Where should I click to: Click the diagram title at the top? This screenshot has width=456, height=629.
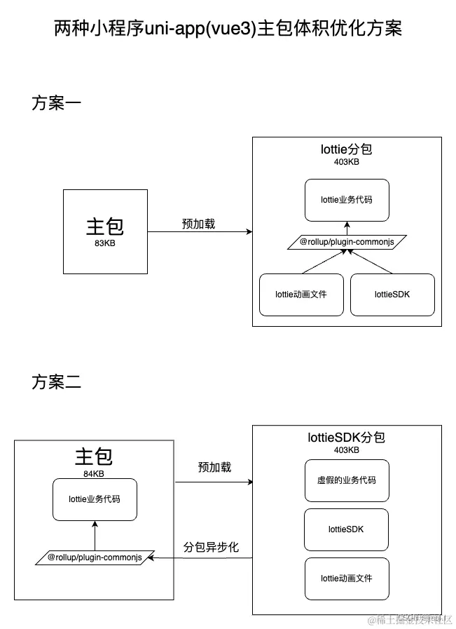(x=228, y=29)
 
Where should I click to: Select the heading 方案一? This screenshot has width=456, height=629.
(x=57, y=103)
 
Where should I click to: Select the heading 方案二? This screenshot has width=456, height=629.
(x=57, y=382)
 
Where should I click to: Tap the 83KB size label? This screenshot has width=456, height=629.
(x=104, y=243)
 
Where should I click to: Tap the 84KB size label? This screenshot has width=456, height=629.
(x=94, y=473)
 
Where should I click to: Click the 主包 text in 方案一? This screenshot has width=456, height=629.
(x=104, y=226)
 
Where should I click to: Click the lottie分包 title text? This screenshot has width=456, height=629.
(x=346, y=149)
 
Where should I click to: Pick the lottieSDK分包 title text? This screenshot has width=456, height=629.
(x=346, y=438)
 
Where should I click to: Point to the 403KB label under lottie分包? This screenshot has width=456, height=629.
(x=346, y=162)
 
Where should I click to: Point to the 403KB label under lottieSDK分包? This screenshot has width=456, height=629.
(x=346, y=450)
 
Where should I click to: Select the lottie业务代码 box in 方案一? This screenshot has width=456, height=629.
(x=346, y=199)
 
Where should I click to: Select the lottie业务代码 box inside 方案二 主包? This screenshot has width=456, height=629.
(x=94, y=500)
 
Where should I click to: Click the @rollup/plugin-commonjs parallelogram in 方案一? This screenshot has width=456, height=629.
(x=346, y=242)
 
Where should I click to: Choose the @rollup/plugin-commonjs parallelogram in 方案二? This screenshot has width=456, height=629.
(x=95, y=557)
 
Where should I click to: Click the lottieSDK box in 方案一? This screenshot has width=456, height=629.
(x=392, y=295)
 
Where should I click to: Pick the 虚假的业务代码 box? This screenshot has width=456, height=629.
(x=346, y=480)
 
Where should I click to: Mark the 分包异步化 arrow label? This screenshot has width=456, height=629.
(x=211, y=547)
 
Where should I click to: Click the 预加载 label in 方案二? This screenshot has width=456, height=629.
(x=214, y=467)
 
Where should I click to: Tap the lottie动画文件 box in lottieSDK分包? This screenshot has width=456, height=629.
(x=346, y=579)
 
